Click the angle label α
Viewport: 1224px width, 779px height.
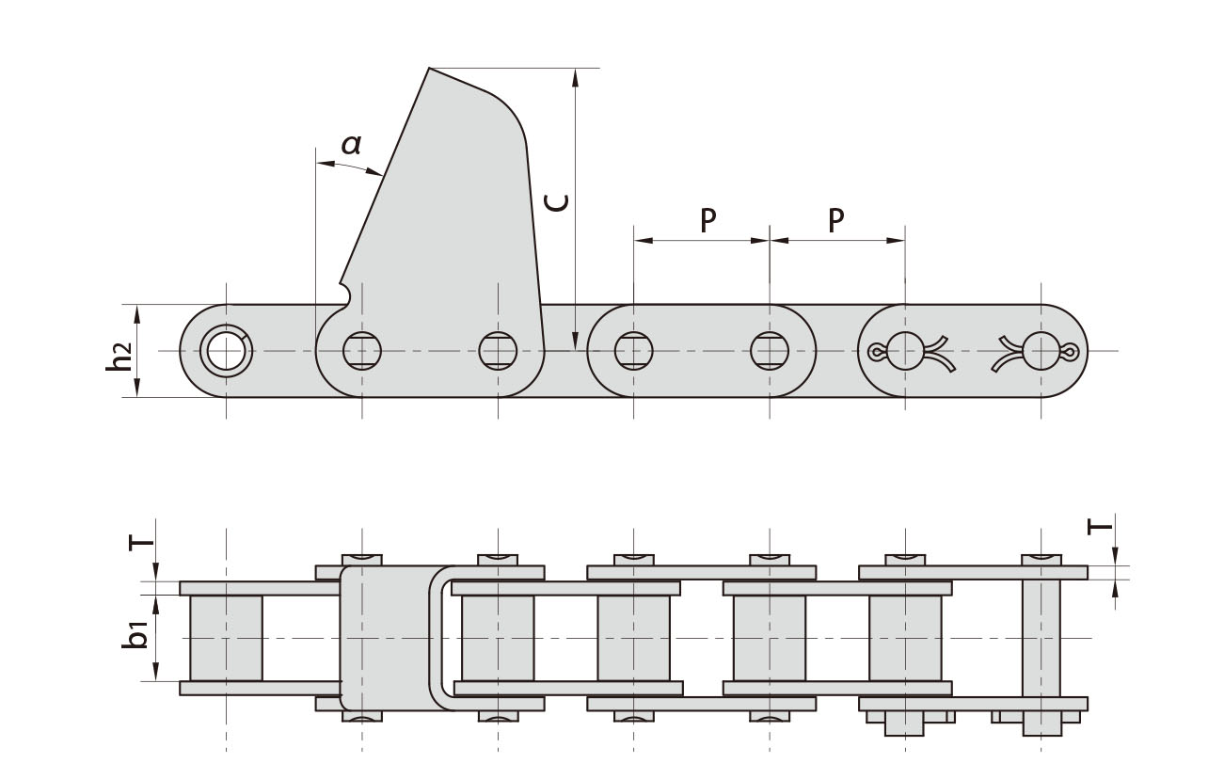[351, 145]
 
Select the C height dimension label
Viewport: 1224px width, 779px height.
[558, 201]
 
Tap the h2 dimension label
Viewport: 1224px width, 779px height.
[119, 357]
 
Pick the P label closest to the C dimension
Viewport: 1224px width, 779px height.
[707, 220]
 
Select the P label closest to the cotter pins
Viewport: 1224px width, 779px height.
[835, 220]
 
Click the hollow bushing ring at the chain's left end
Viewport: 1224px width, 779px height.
[226, 351]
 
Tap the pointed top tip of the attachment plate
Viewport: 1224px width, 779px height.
[430, 70]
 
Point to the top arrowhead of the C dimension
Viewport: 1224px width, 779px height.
[574, 75]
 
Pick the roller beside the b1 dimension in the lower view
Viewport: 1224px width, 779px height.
[226, 637]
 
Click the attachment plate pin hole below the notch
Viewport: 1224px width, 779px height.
[362, 351]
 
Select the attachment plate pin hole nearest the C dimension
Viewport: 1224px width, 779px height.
[498, 351]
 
